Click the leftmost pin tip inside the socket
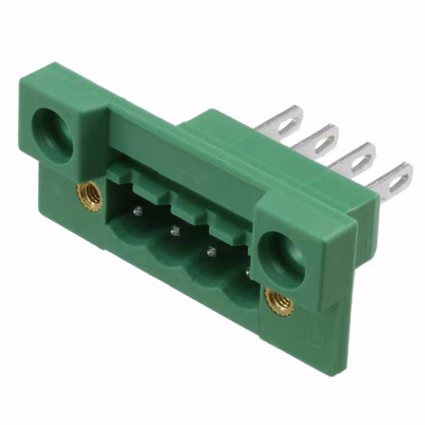pos(137,211)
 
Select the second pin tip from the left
pos(175,231)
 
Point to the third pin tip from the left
pos(212,252)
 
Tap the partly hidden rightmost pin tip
pos(249,271)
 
